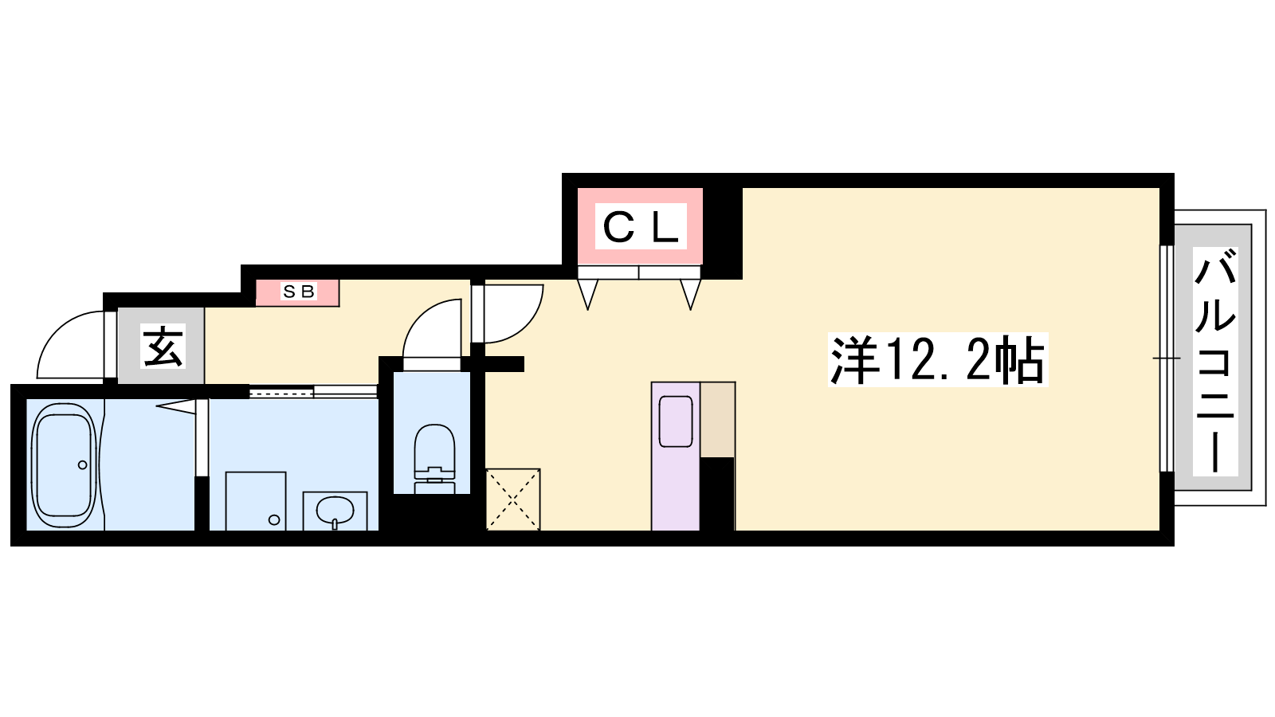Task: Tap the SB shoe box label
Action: [299, 292]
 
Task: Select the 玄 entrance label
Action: [163, 346]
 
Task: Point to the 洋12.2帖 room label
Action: [938, 360]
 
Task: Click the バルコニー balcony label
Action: [1215, 362]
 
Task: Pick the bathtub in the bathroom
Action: [64, 465]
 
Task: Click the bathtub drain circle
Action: [83, 465]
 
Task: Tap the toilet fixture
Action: [435, 459]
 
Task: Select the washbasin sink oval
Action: [335, 510]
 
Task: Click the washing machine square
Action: [256, 501]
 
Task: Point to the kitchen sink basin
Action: [676, 421]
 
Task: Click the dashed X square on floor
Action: [513, 500]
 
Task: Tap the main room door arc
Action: [524, 323]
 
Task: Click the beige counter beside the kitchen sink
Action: [718, 419]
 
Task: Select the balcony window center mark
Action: [1167, 358]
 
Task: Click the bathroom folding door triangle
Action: [176, 406]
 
